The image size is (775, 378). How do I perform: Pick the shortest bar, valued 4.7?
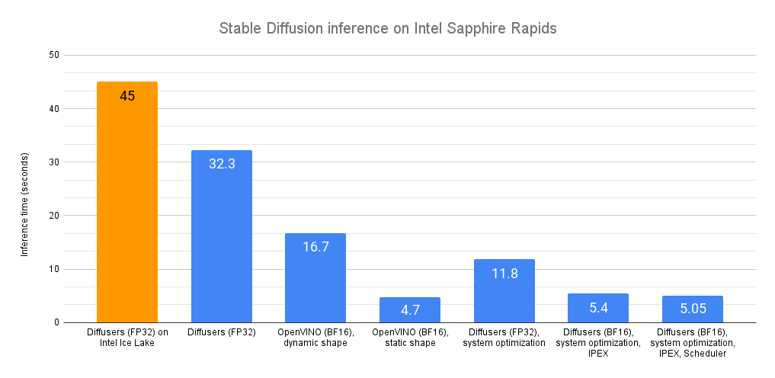click(x=410, y=310)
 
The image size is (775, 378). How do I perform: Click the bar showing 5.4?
click(x=598, y=309)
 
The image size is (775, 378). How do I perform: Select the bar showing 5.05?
click(x=693, y=309)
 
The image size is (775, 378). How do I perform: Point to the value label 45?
click(x=127, y=96)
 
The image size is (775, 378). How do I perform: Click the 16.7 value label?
click(x=315, y=247)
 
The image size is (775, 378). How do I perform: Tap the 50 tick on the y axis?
click(x=54, y=55)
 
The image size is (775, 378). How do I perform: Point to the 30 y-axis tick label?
click(x=54, y=162)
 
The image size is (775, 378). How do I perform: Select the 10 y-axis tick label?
click(x=54, y=269)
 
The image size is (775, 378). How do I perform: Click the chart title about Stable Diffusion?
click(x=388, y=29)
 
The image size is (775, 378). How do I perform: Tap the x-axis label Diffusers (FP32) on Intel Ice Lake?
click(x=127, y=338)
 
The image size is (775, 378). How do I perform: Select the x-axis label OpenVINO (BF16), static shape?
click(x=410, y=338)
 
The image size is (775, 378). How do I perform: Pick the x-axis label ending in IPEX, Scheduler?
click(x=693, y=343)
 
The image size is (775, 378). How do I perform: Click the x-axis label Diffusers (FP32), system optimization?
click(x=504, y=338)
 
